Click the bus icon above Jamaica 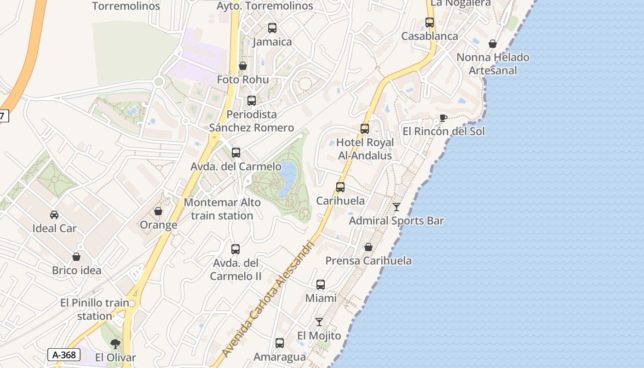click(272, 28)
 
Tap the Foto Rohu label click(242, 80)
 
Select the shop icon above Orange click(158, 211)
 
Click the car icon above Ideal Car click(54, 214)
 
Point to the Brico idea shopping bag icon click(76, 257)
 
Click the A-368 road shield click(64, 355)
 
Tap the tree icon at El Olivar click(115, 344)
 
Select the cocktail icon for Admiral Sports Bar click(397, 207)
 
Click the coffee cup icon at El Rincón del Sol click(443, 118)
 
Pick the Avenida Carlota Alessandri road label click(268, 299)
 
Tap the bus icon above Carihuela click(340, 187)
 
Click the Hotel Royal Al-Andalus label click(365, 149)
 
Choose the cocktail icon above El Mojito click(319, 322)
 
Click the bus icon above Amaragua click(280, 343)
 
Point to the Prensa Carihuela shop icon click(368, 247)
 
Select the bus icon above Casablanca click(430, 23)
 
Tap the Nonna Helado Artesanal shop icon click(493, 44)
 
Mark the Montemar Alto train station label click(222, 209)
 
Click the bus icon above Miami click(321, 285)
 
